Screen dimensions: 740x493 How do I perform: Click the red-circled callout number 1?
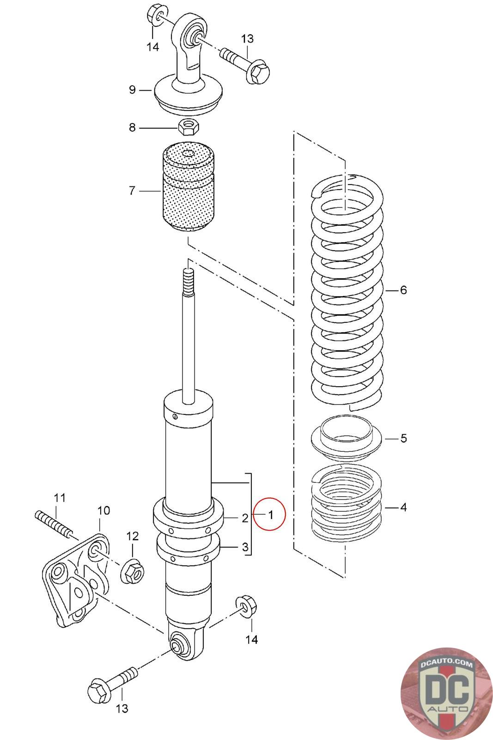(x=271, y=514)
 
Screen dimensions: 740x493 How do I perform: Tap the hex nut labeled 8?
(x=188, y=126)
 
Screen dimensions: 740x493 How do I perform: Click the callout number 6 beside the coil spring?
(x=403, y=290)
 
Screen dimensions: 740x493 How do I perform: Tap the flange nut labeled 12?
(x=133, y=573)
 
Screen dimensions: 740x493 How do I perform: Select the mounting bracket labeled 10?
(x=76, y=580)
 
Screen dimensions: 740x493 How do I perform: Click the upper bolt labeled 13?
(x=245, y=65)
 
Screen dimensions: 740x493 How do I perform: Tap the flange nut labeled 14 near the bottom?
(x=244, y=607)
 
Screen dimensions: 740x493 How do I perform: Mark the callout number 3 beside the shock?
(x=245, y=547)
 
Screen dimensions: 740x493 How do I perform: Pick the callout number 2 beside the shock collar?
(x=245, y=518)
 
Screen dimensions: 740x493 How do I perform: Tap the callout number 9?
(x=133, y=90)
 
